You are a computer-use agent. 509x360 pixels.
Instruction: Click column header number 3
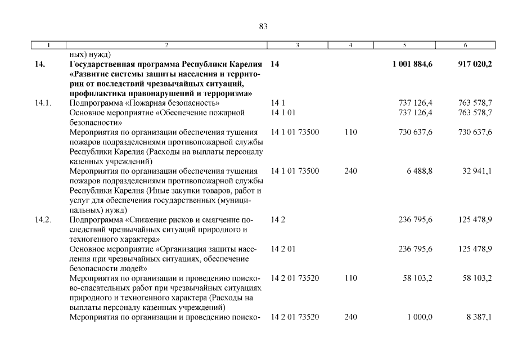pyautogui.click(x=297, y=44)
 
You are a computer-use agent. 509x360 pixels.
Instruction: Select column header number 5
pyautogui.click(x=405, y=44)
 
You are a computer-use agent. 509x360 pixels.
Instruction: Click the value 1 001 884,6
pyautogui.click(x=412, y=65)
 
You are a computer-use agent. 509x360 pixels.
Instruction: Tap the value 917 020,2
pyautogui.click(x=475, y=65)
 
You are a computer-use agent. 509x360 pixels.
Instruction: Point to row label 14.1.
pyautogui.click(x=43, y=103)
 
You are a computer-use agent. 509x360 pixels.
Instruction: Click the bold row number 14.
pyautogui.click(x=39, y=65)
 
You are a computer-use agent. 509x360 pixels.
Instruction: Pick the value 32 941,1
pyautogui.click(x=477, y=171)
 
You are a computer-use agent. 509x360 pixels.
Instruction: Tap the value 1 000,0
pyautogui.click(x=420, y=317)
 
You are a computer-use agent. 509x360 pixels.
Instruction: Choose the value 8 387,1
pyautogui.click(x=479, y=317)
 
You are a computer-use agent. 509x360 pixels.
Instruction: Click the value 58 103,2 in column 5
pyautogui.click(x=416, y=278)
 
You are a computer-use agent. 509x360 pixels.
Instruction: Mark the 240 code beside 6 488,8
pyautogui.click(x=350, y=171)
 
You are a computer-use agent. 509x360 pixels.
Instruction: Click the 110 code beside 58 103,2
pyautogui.click(x=350, y=278)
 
